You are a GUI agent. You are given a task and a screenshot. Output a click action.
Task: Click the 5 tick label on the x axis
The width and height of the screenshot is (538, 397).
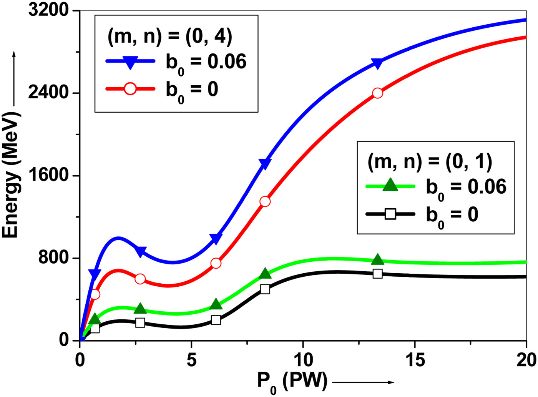tap(191, 360)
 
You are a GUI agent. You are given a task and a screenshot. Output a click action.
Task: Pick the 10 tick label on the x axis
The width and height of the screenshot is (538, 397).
tap(303, 360)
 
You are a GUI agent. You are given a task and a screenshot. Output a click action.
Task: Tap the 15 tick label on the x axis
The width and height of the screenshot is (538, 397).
tap(415, 360)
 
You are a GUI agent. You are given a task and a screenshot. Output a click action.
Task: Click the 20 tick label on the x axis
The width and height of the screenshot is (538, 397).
tap(526, 360)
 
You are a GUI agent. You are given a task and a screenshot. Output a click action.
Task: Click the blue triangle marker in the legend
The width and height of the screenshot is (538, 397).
tap(130, 62)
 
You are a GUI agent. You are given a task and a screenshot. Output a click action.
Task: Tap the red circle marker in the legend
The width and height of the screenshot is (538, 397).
tap(130, 89)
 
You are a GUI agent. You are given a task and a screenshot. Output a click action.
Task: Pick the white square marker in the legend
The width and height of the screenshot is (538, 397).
tap(390, 214)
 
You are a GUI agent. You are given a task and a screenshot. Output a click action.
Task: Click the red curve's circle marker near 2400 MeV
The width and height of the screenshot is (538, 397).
tap(377, 93)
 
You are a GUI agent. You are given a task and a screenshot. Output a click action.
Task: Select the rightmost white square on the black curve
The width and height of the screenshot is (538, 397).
tap(377, 274)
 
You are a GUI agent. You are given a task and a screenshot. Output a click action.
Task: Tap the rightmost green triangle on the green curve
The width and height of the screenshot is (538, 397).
tap(377, 259)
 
